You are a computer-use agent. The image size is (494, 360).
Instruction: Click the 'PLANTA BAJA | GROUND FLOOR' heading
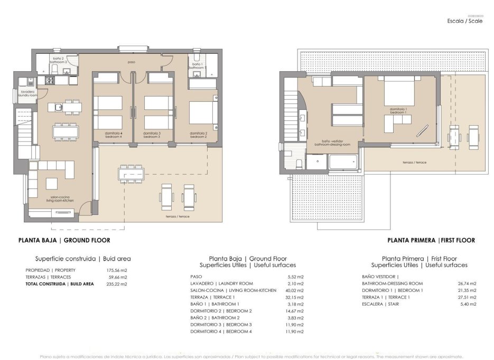tap(64, 240)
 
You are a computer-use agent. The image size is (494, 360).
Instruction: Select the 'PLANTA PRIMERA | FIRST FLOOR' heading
tap(431, 240)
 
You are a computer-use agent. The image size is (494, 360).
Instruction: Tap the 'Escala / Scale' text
tap(464, 22)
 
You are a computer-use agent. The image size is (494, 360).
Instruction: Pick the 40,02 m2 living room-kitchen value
tap(294, 290)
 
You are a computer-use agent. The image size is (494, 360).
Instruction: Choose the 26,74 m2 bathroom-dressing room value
tap(467, 283)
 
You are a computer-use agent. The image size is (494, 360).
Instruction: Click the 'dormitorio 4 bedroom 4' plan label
tap(114, 135)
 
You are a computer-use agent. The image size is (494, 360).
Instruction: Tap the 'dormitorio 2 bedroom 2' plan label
tap(198, 135)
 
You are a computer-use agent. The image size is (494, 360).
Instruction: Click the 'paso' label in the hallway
tap(131, 62)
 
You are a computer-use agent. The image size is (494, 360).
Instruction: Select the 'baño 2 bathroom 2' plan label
tap(58, 60)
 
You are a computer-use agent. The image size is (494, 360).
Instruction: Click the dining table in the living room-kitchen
tap(66, 130)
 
